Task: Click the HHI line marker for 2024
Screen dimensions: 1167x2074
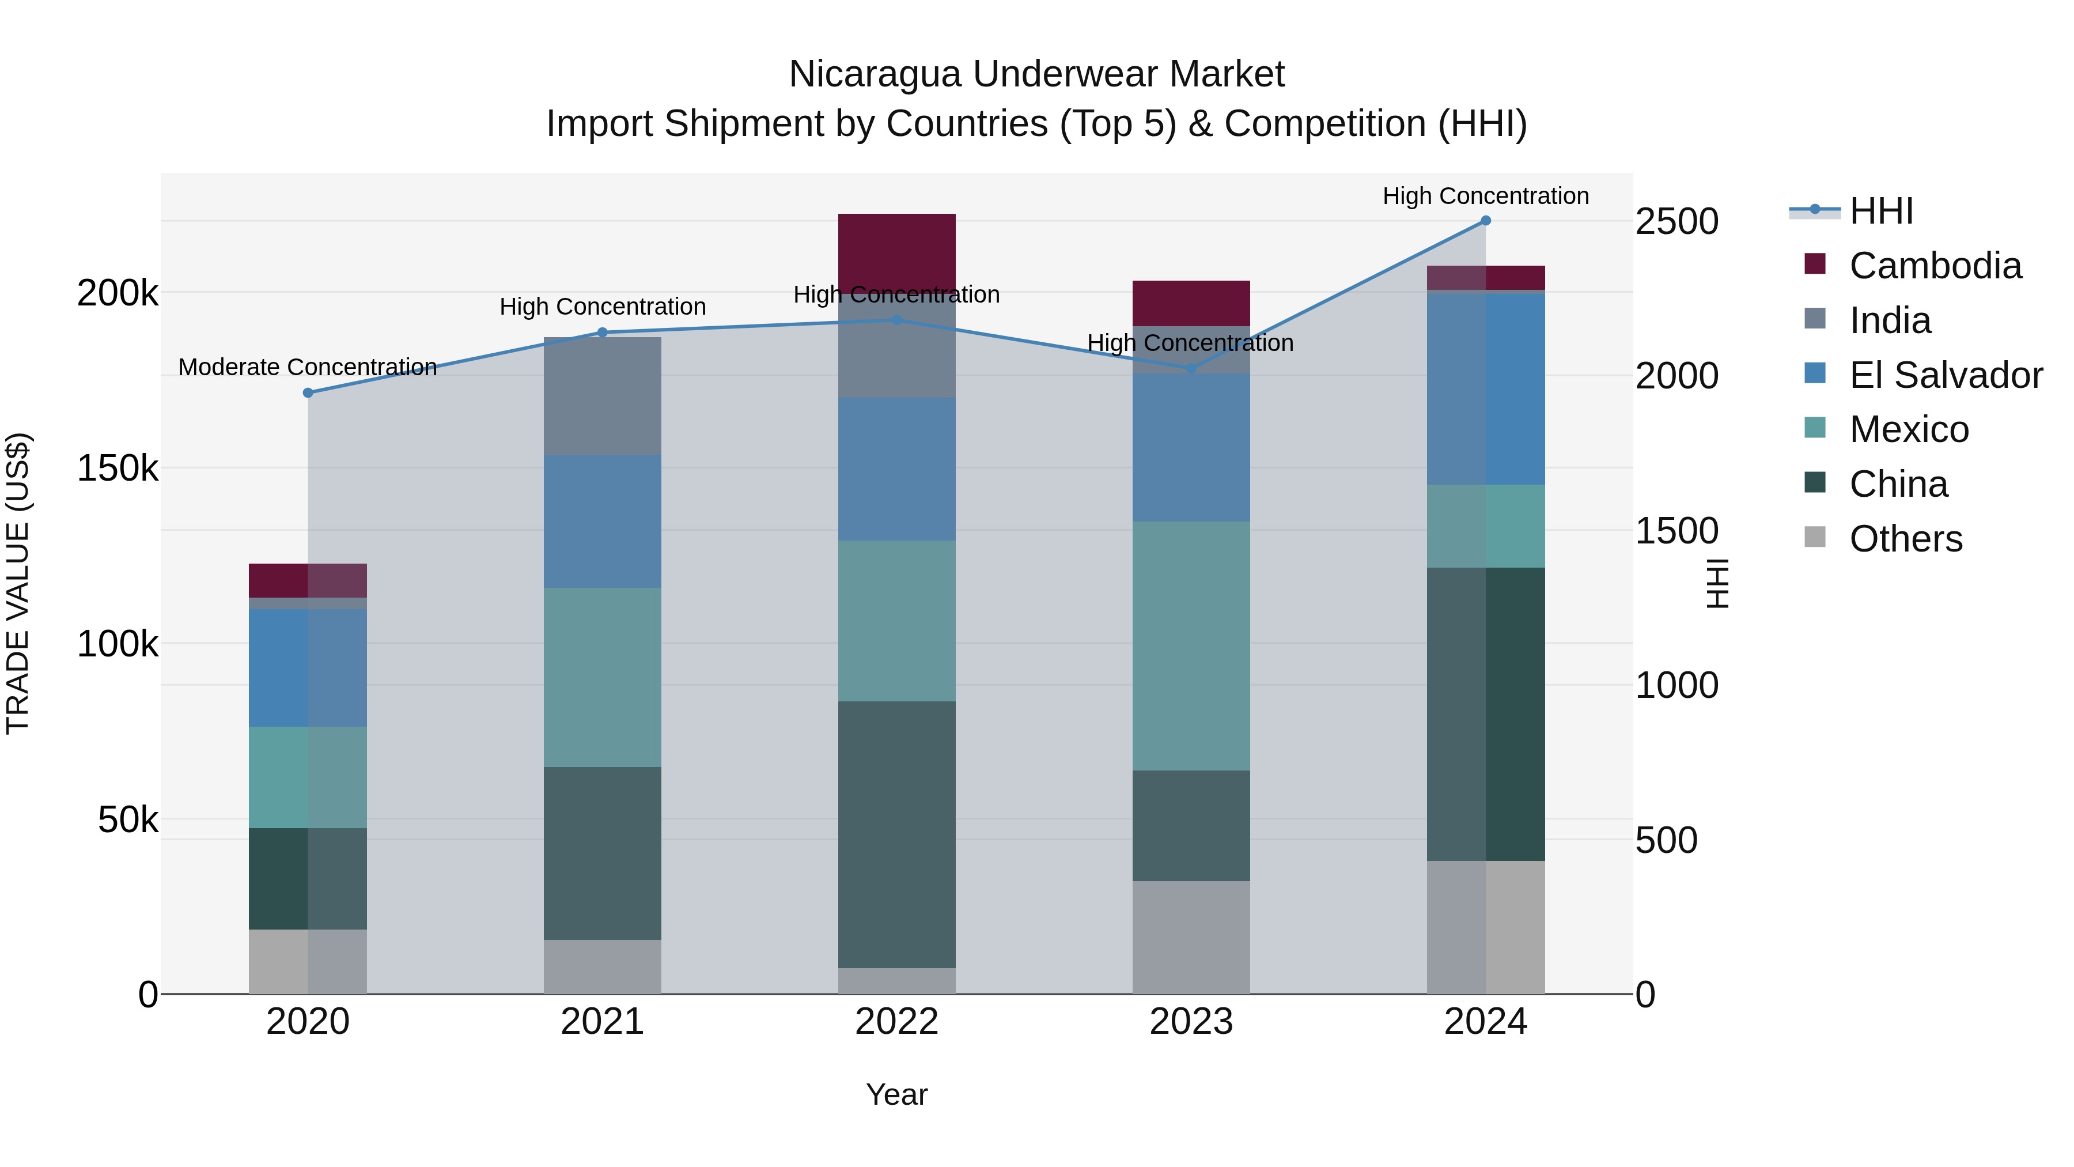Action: click(x=1485, y=221)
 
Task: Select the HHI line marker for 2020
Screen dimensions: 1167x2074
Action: click(x=308, y=393)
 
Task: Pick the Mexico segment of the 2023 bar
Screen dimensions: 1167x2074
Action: click(x=1191, y=646)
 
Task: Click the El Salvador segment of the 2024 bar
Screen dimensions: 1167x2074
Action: click(x=1485, y=389)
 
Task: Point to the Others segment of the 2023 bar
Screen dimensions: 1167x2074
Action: click(x=1191, y=938)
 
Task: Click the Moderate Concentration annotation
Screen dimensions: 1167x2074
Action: click(x=308, y=367)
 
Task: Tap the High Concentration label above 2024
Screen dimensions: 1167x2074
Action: click(x=1485, y=196)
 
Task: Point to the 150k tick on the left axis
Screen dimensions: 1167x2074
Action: click(x=118, y=468)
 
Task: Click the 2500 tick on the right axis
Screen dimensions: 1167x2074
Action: click(x=1676, y=221)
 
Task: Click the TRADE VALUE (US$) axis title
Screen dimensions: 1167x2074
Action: click(x=18, y=584)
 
